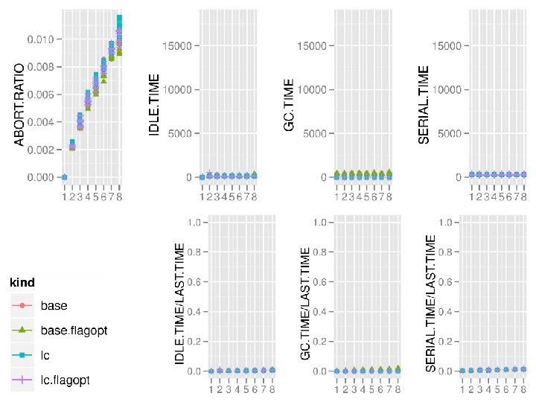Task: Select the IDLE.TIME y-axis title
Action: pos(155,108)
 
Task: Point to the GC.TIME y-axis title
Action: pos(290,106)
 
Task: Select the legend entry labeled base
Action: pos(54,305)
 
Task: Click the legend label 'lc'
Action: pos(45,355)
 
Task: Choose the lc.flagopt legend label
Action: pos(66,380)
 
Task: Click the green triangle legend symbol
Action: pos(23,331)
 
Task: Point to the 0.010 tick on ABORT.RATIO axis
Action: pos(38,39)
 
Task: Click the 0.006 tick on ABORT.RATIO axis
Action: pos(38,95)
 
